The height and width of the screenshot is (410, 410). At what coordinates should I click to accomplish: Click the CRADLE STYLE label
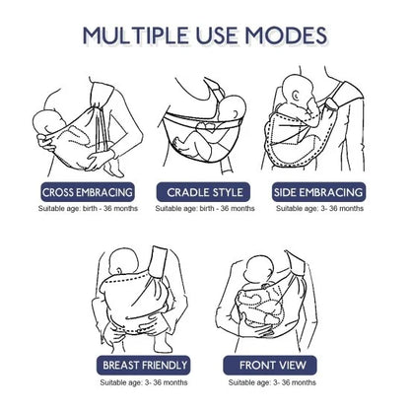click(204, 192)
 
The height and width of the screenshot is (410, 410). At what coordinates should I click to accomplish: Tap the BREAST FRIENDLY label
click(144, 364)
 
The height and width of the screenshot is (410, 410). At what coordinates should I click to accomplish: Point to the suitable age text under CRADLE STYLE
click(204, 209)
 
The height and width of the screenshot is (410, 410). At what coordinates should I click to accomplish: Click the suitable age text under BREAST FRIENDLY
click(144, 380)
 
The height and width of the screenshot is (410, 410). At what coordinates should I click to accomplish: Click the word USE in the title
click(219, 36)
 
